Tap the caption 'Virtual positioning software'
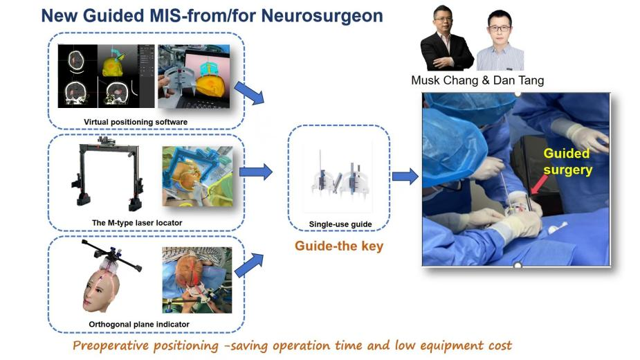[x=136, y=123]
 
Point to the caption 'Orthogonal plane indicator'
[x=139, y=324]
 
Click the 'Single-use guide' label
[x=340, y=224]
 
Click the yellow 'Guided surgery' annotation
[x=567, y=161]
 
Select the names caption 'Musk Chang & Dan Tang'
[x=477, y=80]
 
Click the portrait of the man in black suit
[x=446, y=39]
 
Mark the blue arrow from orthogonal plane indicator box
[x=250, y=264]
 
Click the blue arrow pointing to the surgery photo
[x=405, y=177]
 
